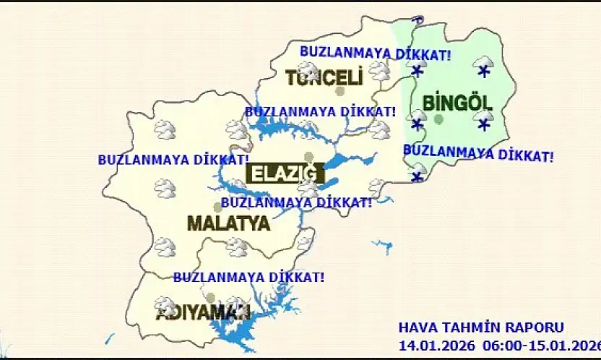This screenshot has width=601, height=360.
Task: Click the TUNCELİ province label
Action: (x=323, y=77)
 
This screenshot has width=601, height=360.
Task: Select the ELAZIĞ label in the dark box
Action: (x=282, y=173)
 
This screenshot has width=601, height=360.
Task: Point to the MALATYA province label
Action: (x=228, y=223)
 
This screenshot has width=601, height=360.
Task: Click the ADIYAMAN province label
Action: (x=203, y=312)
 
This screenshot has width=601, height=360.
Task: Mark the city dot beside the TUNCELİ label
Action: (x=340, y=91)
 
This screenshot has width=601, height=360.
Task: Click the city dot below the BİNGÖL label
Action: (x=438, y=119)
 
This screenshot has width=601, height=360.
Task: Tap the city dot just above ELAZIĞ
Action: (x=309, y=156)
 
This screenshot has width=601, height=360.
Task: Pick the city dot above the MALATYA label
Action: (x=217, y=207)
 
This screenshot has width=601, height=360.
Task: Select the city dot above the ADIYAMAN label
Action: (x=210, y=297)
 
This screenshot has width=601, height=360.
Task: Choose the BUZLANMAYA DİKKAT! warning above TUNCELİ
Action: (x=376, y=53)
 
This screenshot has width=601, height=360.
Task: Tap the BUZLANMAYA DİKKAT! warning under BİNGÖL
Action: (x=478, y=153)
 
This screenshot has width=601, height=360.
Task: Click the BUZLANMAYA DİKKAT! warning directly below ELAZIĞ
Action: (x=296, y=202)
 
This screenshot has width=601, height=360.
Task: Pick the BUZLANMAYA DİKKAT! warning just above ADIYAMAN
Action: (x=248, y=277)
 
